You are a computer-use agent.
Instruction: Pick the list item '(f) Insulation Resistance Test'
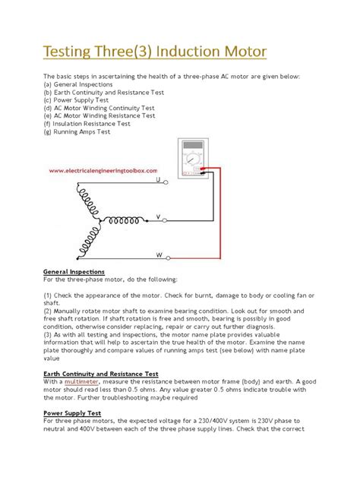[x=87, y=123]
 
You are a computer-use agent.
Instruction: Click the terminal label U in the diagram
[x=158, y=182]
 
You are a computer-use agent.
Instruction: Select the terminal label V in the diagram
[x=158, y=216]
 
